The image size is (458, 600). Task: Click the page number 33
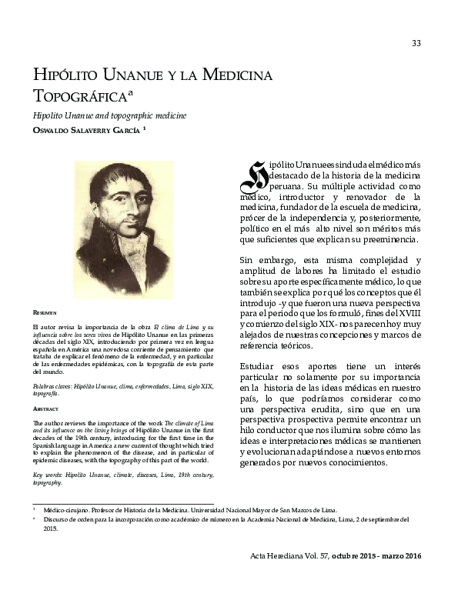[x=416, y=43]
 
